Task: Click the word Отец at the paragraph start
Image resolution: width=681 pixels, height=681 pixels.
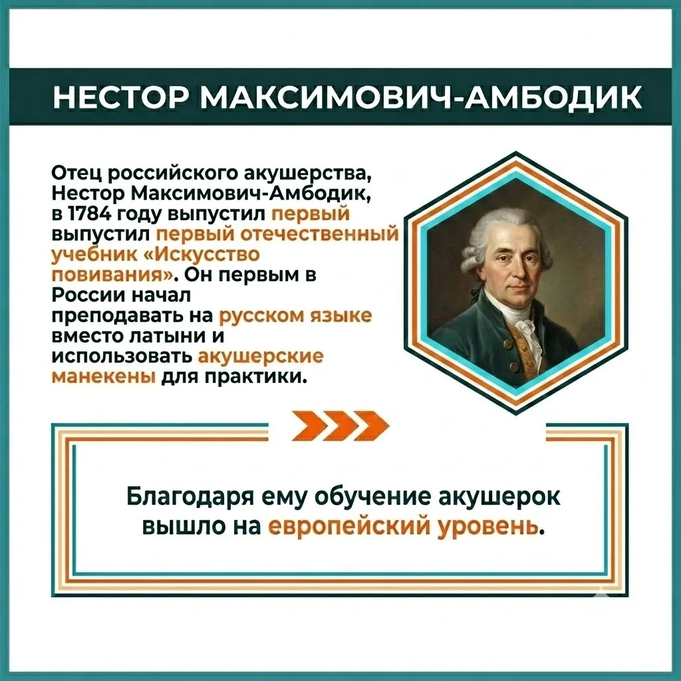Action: click(x=75, y=174)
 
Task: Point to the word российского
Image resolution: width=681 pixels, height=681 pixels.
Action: click(x=170, y=174)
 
